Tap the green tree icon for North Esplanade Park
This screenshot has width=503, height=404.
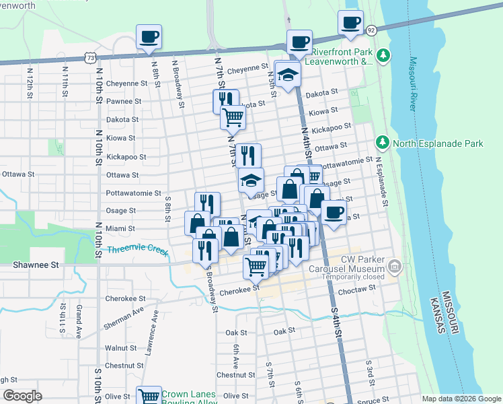[x=383, y=143]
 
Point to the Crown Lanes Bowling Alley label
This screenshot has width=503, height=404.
[x=188, y=399]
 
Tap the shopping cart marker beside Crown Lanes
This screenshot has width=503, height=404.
[x=149, y=397]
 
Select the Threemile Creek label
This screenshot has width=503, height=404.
[x=138, y=250]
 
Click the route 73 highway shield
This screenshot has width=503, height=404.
[x=90, y=59]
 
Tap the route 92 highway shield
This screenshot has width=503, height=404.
[x=371, y=30]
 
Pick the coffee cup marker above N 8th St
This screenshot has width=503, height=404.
[x=149, y=36]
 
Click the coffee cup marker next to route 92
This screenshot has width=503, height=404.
[x=350, y=22]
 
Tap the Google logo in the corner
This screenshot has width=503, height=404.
[x=22, y=396]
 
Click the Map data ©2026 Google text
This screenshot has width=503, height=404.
[x=461, y=399]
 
